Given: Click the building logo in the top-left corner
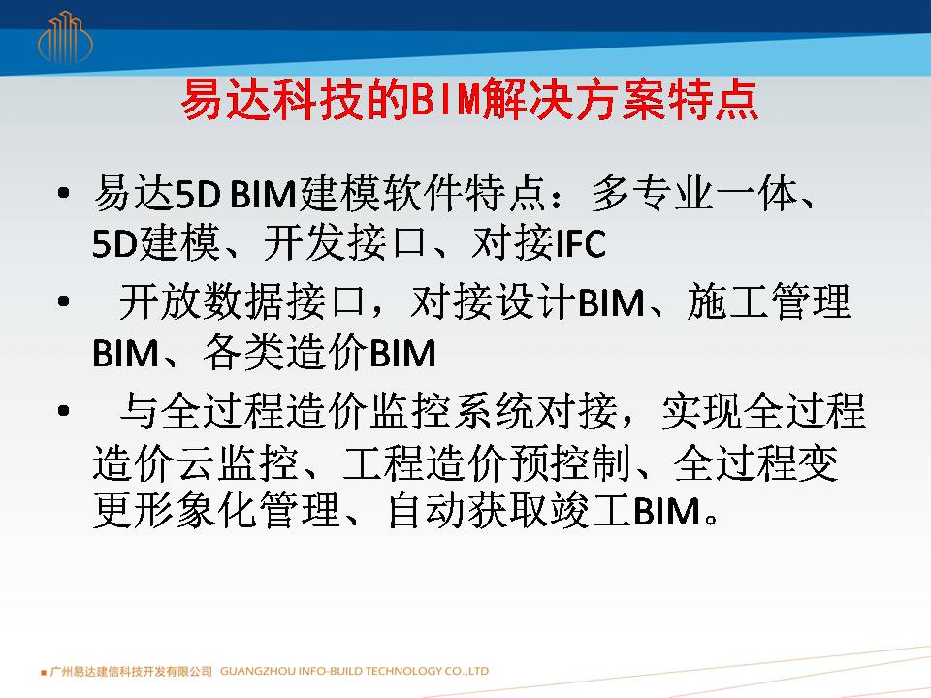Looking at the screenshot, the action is tap(65, 37).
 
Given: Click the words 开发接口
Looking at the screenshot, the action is tap(345, 242).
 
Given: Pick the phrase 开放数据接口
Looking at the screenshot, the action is tap(241, 301).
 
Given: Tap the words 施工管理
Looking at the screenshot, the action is tap(768, 301).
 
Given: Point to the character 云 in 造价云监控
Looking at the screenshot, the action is tap(197, 463).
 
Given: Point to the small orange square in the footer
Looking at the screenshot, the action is tap(44, 673).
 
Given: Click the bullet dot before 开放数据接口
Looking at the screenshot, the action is tap(64, 301).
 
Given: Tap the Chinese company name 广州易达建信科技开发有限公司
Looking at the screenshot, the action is tap(131, 671).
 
